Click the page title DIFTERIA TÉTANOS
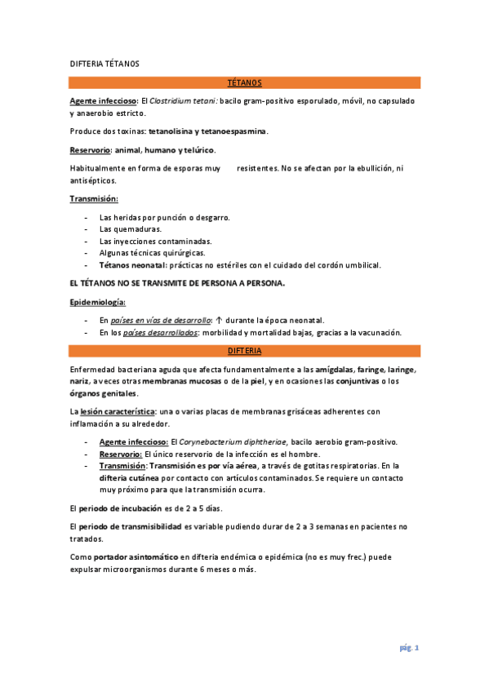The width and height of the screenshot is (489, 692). point(104,63)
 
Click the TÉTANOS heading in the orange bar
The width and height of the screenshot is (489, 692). point(245,82)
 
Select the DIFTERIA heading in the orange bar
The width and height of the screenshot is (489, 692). point(245,350)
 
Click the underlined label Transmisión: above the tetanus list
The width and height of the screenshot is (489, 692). point(95,198)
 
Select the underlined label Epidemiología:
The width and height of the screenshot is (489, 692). point(97,302)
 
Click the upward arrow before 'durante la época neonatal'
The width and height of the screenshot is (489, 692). point(219,320)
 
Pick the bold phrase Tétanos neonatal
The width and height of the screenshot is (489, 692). point(132,265)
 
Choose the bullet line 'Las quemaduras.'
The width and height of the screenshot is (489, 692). point(130,229)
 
